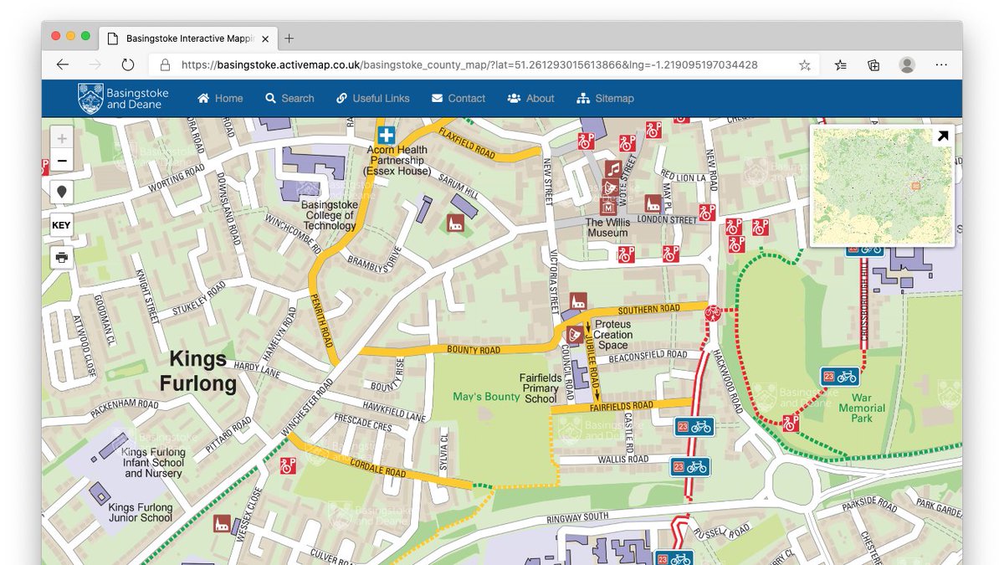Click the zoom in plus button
62,138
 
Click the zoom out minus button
62,161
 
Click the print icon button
62,257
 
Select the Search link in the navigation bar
289,98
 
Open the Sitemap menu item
605,98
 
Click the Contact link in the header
458,98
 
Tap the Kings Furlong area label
197,372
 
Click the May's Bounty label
486,396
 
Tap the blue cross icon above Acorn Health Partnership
386,136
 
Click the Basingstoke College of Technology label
330,215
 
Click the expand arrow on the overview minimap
943,136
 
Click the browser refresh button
128,64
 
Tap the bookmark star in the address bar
804,64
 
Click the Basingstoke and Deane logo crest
90,98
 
